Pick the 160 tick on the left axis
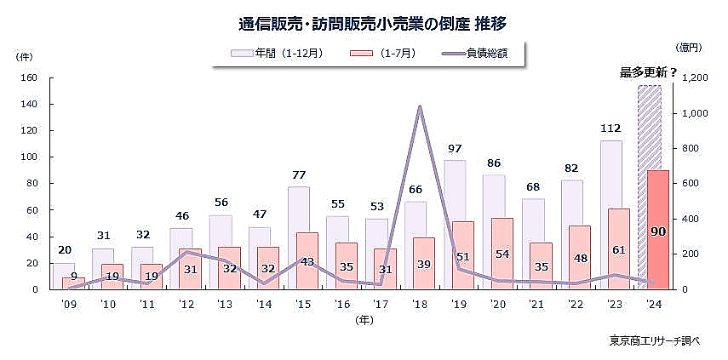coord(30,77)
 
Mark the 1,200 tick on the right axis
coord(696,77)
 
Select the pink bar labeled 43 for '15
coord(307,261)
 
